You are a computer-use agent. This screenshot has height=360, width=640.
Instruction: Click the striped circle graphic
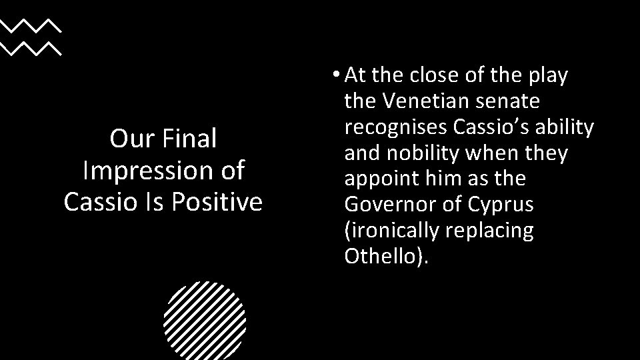click(204, 321)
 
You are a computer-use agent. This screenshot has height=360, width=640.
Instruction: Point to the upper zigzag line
click(30, 26)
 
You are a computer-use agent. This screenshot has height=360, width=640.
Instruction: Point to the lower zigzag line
click(30, 48)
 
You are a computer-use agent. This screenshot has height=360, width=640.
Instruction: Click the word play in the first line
click(548, 76)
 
